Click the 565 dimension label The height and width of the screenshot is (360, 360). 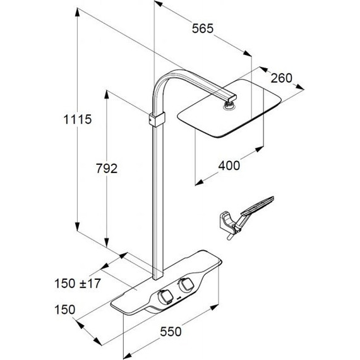(x=203, y=28)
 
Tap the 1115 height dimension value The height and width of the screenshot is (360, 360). (x=78, y=119)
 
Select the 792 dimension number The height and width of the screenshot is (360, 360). (x=107, y=168)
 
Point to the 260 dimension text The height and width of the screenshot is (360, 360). (x=282, y=78)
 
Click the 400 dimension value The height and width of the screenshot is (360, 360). (x=229, y=165)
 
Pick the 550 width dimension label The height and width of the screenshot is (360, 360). (x=171, y=332)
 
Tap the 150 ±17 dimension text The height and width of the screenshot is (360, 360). (x=78, y=284)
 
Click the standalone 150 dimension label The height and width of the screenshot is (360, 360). (x=65, y=309)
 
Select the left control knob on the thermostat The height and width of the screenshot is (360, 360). (x=165, y=297)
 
